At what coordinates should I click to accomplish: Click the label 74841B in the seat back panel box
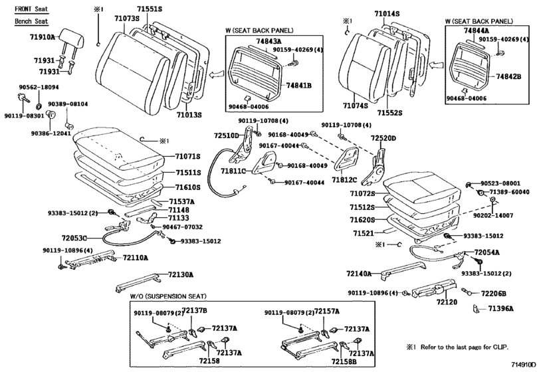pos(300,86)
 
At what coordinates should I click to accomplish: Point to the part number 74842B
pos(508,77)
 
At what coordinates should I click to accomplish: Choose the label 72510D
pos(226,135)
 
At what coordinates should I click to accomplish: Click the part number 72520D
pos(383,138)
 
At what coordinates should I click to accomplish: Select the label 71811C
pos(234,171)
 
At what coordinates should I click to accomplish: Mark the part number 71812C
pos(346,179)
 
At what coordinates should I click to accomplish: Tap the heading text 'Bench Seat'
pos(31,21)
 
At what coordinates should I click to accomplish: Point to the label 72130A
pos(180,274)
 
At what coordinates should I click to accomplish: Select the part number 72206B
pos(494,293)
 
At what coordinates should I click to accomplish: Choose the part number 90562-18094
pos(39,87)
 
